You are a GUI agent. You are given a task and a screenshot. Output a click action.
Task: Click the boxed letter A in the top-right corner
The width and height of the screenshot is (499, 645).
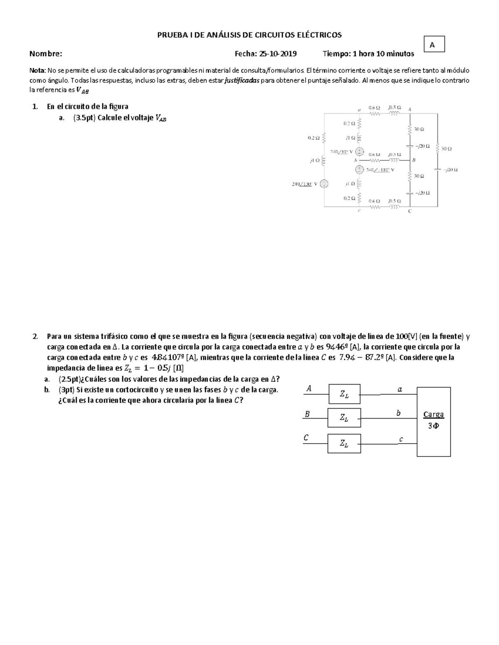point(432,44)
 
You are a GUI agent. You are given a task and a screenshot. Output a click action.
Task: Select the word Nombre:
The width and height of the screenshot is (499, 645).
point(46,54)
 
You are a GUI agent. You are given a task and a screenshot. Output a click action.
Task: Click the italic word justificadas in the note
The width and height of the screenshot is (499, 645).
point(242,80)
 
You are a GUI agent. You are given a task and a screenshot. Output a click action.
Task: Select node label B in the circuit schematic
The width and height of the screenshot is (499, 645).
point(414,160)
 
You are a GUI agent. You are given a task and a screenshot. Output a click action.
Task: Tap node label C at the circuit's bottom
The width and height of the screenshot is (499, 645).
point(410,211)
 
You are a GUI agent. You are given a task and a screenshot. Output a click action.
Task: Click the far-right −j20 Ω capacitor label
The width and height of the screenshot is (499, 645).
point(450,169)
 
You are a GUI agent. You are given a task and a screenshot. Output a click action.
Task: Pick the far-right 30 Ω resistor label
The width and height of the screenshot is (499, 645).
point(447,148)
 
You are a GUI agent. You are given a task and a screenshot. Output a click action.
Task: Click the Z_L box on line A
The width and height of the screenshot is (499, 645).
point(344,394)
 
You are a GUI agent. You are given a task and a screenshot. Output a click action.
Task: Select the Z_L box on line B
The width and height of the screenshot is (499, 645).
point(344,418)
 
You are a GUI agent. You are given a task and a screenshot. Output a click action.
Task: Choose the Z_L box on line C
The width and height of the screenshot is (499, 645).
point(344,444)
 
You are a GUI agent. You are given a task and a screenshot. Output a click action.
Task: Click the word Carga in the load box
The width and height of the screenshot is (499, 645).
point(433,414)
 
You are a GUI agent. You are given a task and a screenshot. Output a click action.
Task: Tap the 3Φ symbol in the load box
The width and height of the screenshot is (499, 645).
point(433,425)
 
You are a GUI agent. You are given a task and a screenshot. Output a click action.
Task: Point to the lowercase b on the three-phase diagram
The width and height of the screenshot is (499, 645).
point(398,413)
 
